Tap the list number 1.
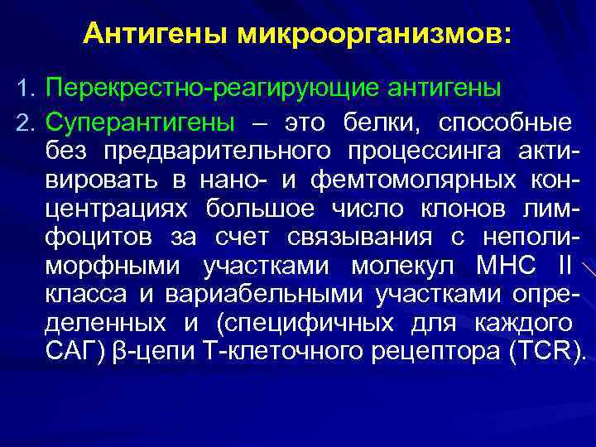pyautogui.click(x=24, y=87)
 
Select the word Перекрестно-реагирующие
pyautogui.click(x=185, y=87)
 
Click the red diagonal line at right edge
pyautogui.click(x=589, y=270)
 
